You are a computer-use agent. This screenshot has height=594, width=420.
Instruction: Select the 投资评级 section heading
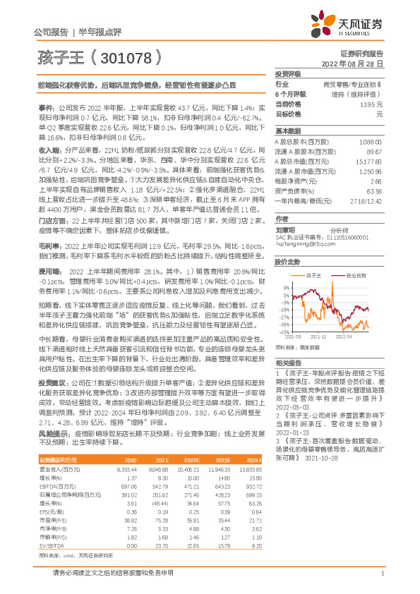point(289,73)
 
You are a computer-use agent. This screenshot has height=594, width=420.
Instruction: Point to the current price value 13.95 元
point(371,104)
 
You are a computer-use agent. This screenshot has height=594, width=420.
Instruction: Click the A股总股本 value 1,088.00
point(371,142)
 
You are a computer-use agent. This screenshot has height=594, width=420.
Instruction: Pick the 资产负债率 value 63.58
point(374,191)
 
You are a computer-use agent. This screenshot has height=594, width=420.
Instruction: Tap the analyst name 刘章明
point(285,229)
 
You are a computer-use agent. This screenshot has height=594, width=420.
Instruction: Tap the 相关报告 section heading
point(289,362)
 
